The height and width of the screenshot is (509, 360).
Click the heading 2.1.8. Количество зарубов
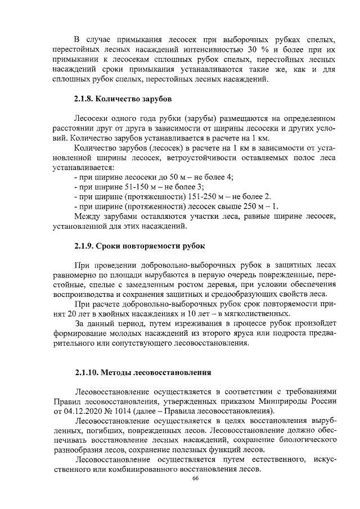point(123,99)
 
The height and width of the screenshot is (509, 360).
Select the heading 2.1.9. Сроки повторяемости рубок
point(140,246)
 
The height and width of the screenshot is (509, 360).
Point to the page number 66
point(196,478)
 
